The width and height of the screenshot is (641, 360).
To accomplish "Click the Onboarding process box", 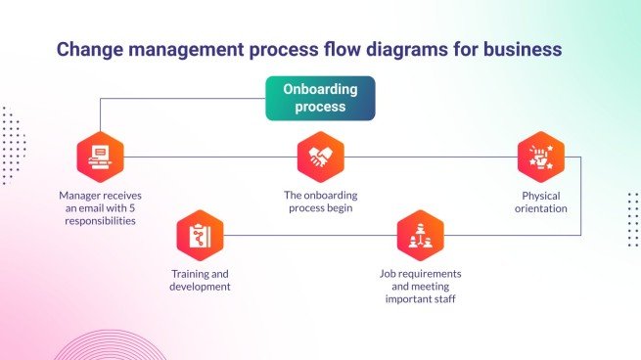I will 320,98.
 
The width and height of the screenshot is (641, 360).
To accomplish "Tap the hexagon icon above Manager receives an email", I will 100,157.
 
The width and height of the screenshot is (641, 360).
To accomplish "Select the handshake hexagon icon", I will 320,157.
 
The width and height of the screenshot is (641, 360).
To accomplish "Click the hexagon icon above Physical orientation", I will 541,157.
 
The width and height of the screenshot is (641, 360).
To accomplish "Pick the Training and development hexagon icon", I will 200,236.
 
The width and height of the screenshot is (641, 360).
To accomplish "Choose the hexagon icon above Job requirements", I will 420,236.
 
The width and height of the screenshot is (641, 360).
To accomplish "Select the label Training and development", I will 200,280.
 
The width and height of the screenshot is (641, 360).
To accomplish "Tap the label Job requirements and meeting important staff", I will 420,286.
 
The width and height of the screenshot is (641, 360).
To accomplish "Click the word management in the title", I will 186,48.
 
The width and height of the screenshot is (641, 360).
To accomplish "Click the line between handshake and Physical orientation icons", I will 431,157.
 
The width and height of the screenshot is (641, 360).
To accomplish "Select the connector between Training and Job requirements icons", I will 309,236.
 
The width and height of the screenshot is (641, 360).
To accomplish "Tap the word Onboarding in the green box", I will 320,89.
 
